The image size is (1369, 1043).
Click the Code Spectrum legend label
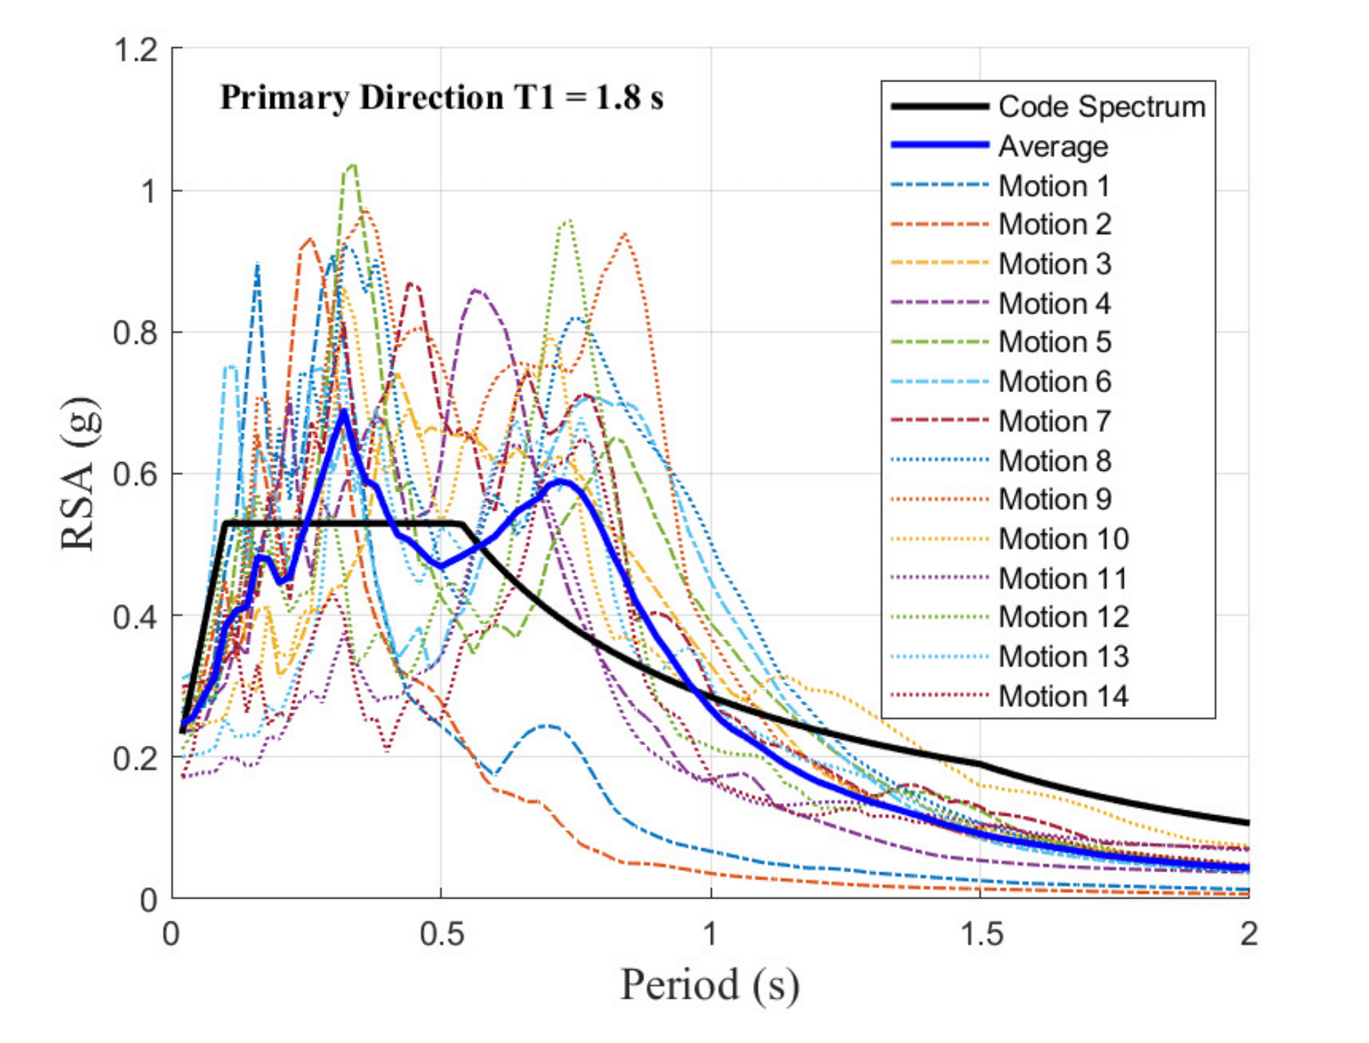1101,107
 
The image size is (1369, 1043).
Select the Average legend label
1052,146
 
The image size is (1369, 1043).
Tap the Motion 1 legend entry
1054,186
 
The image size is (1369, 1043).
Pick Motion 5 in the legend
1055,342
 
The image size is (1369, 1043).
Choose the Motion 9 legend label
1055,499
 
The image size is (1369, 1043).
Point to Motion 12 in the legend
1063,617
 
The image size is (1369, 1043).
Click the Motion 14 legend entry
1063,697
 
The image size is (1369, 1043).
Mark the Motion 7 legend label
1055,421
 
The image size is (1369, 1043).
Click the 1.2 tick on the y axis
136,50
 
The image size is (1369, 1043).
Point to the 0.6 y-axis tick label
136,474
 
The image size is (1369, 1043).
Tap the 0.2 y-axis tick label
136,758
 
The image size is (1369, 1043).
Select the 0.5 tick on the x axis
441,934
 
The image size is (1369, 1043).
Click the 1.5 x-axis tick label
980,934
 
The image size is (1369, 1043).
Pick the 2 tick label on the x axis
1248,934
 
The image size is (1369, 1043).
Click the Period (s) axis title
710,986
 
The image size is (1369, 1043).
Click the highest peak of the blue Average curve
344,412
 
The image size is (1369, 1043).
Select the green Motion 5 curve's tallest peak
352,166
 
